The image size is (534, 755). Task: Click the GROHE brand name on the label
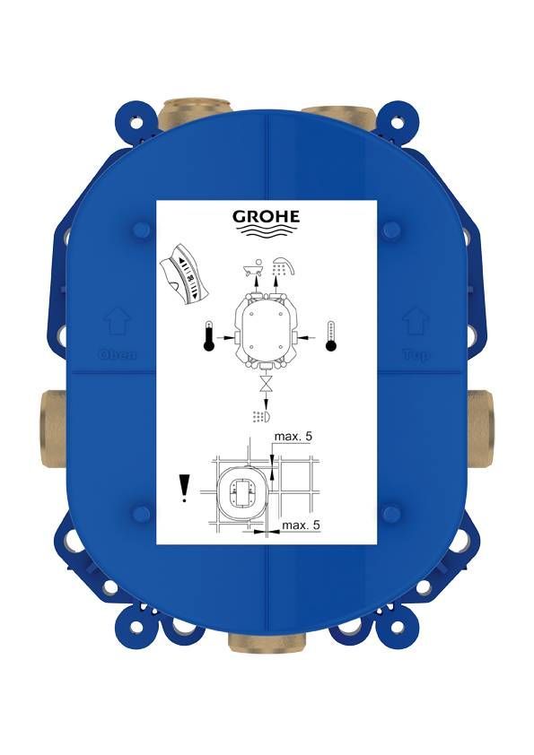pos(267,217)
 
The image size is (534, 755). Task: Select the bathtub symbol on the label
pos(253,268)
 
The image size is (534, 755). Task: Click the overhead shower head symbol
pos(284,265)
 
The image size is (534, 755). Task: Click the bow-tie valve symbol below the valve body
pos(267,387)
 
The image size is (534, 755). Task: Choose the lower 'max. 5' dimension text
pos(301,525)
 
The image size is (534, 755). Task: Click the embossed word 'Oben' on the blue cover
pos(117,354)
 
